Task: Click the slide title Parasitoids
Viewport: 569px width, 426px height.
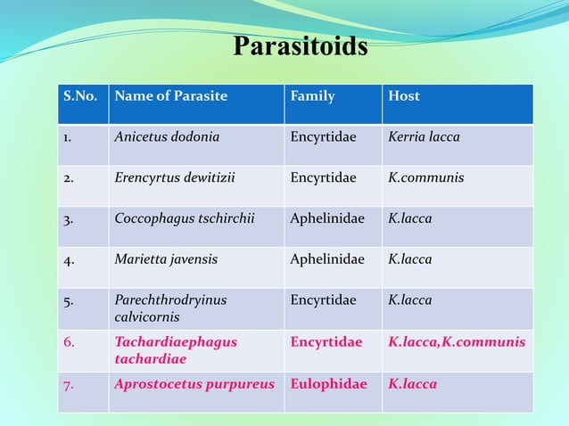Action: pos(300,45)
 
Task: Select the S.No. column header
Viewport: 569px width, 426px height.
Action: pos(79,96)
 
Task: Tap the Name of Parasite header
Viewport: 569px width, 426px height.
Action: pos(170,96)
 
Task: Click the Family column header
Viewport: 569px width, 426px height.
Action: pos(312,96)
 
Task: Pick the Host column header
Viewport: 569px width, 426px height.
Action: pos(404,96)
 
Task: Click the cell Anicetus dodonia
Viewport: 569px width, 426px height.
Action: pos(167,137)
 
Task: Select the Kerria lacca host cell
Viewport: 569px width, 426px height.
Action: pos(424,137)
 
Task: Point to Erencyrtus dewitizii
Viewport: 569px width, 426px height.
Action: pos(175,177)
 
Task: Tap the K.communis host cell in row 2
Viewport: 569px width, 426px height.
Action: pos(425,177)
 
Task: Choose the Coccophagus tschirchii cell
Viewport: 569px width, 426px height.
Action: pos(185,218)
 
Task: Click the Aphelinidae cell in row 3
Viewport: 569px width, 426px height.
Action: pos(327,218)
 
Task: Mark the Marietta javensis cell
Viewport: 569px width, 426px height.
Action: pos(166,259)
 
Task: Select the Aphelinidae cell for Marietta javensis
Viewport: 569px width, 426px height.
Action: pos(327,259)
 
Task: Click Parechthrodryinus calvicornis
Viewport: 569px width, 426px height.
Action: pos(170,308)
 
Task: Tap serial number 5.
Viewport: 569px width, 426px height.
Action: pos(68,300)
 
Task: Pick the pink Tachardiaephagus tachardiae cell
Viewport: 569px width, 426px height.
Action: pos(176,350)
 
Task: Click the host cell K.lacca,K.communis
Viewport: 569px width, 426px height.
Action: pos(457,342)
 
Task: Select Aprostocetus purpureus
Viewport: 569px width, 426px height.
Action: pos(195,384)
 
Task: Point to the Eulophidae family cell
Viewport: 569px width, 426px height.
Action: pos(328,384)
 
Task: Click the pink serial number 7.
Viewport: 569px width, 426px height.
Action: pos(68,384)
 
